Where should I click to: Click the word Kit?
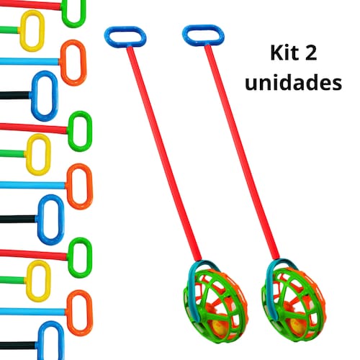pyautogui.click(x=283, y=53)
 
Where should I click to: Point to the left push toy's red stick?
pyautogui.click(x=164, y=153)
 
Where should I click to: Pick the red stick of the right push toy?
pyautogui.click(x=242, y=152)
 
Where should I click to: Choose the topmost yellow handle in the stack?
pyautogui.click(x=23, y=31)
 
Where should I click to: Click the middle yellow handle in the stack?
pyautogui.click(x=29, y=154)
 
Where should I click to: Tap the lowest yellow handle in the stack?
pyautogui.click(x=29, y=281)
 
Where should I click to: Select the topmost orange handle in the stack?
pyautogui.click(x=63, y=63)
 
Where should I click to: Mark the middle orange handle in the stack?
pyautogui.click(x=69, y=186)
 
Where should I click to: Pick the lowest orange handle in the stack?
pyautogui.click(x=69, y=313)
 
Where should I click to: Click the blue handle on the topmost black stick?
pyautogui.click(x=34, y=96)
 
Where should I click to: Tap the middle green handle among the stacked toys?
pyautogui.click(x=71, y=131)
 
